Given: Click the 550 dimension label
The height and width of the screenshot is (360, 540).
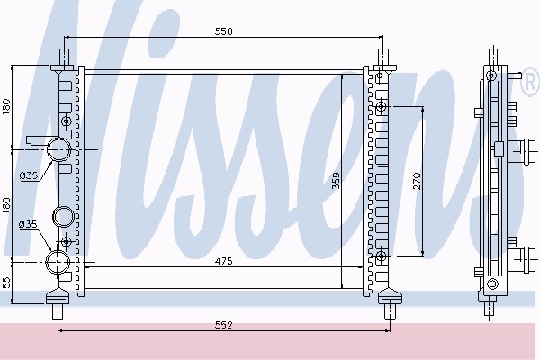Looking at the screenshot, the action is [x=224, y=31].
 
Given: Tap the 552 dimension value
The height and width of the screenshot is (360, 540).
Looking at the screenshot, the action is [x=224, y=325].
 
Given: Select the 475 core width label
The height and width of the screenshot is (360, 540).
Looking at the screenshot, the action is [x=224, y=262].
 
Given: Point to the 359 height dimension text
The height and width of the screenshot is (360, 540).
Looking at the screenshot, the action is [x=336, y=181].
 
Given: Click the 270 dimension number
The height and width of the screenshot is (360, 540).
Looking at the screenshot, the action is [x=417, y=181].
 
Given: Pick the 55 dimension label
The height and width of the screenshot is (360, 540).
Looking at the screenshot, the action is [x=7, y=283].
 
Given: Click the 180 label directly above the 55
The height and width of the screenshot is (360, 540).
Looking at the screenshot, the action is [x=7, y=205].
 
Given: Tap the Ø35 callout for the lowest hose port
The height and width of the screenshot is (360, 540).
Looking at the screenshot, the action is [x=28, y=225].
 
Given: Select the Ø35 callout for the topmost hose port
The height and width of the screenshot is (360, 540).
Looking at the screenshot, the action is [x=29, y=175].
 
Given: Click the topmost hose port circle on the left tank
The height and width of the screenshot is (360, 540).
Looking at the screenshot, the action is [x=58, y=149].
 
